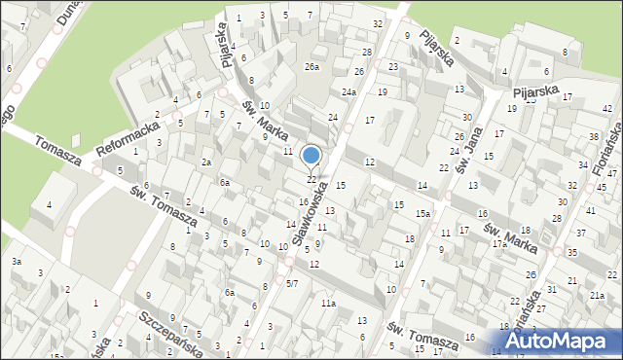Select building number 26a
311,66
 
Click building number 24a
348,91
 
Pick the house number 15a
423,213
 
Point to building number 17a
498,243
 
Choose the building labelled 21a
597,295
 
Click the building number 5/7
292,283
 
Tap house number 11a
329,305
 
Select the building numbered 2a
206,162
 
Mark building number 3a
17,262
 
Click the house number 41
590,211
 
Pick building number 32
377,23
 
